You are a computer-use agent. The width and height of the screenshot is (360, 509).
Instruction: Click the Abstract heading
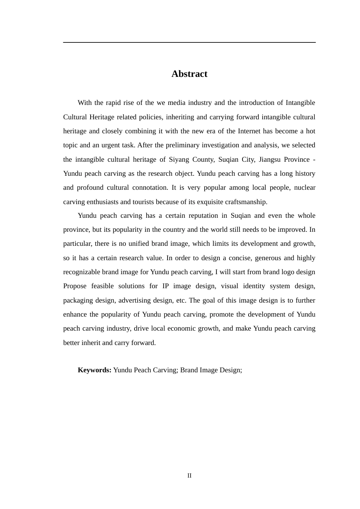(189, 74)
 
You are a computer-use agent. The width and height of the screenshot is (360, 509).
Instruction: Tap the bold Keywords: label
(94, 370)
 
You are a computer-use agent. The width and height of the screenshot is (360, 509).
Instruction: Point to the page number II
(189, 476)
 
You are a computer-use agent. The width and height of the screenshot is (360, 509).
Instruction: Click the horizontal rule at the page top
(189, 42)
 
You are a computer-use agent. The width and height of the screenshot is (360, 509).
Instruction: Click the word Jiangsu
(269, 159)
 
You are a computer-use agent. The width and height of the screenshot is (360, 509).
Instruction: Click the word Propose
(75, 286)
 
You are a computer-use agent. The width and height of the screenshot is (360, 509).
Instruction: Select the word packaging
(78, 300)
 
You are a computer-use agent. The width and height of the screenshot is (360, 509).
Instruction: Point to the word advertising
(134, 300)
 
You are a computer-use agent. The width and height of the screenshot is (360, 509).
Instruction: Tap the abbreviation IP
(166, 286)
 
